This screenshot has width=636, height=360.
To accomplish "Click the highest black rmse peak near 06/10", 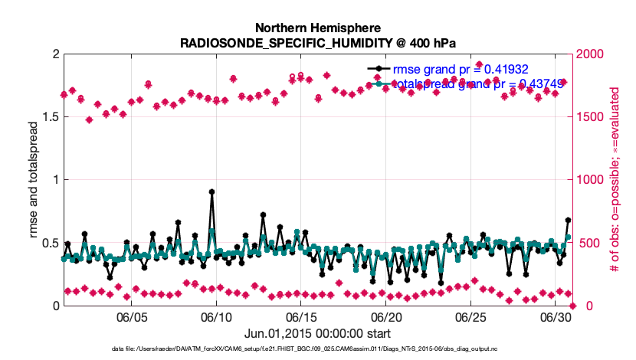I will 211,192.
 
